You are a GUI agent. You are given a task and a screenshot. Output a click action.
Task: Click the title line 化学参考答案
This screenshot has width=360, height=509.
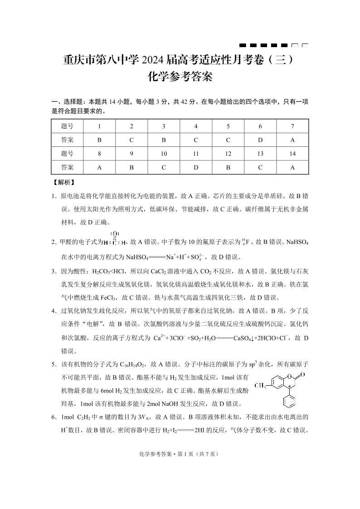(180, 77)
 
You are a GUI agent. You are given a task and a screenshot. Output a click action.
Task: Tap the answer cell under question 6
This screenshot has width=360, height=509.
(260, 140)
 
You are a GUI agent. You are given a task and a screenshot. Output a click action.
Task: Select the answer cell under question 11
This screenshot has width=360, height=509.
(196, 167)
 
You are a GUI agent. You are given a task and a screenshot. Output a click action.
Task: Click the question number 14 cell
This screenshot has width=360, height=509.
(292, 154)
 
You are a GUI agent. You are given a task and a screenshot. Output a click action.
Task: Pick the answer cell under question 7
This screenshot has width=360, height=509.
(292, 140)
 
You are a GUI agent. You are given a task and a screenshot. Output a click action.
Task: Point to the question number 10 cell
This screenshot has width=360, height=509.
(164, 154)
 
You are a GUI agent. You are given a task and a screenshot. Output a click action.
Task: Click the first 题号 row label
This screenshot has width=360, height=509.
(67, 126)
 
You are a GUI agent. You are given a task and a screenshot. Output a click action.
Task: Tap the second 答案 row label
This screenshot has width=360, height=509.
(67, 167)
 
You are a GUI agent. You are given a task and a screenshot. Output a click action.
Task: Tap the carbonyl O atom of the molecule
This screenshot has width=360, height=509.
(302, 374)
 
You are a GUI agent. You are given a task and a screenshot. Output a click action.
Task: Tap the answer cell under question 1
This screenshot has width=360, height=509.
(99, 140)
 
